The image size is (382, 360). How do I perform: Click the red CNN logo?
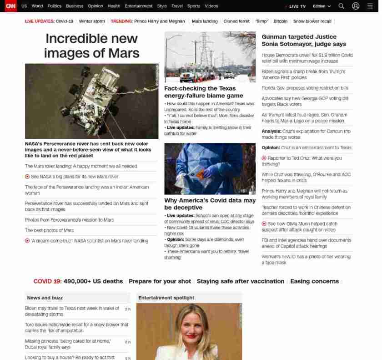(x=10, y=6)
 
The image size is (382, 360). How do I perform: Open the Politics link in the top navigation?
(x=55, y=6)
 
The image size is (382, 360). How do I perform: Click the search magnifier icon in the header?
(x=342, y=6)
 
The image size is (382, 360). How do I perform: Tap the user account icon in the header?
(x=356, y=6)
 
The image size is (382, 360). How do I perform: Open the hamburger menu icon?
(x=370, y=6)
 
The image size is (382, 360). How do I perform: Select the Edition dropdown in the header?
(x=322, y=6)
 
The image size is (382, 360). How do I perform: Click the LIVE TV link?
(x=297, y=6)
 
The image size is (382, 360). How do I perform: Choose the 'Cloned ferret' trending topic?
(x=236, y=21)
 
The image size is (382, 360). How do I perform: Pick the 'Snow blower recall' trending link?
(x=312, y=21)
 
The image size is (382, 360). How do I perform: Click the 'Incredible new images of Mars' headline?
(x=91, y=46)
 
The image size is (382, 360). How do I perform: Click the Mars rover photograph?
(x=91, y=101)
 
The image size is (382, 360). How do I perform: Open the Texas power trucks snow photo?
(x=210, y=57)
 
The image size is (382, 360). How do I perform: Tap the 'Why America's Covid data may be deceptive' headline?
(x=210, y=204)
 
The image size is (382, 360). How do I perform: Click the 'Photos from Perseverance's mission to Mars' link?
(x=70, y=220)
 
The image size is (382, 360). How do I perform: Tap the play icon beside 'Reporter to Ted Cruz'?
(x=264, y=158)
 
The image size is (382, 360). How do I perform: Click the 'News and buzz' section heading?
(x=45, y=298)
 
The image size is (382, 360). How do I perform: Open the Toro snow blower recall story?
(x=76, y=328)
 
